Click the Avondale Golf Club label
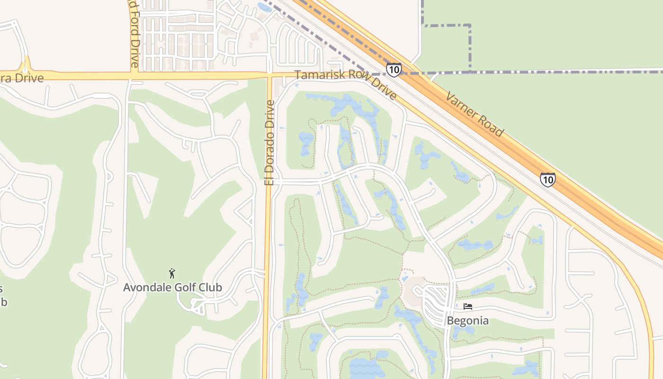(x=172, y=287)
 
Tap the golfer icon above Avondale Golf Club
(x=172, y=273)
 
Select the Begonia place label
(x=468, y=321)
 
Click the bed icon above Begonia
(x=468, y=307)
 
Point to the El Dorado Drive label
(x=269, y=142)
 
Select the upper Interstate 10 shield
(x=394, y=70)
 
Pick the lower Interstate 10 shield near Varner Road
(x=548, y=180)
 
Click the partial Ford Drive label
(x=134, y=33)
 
